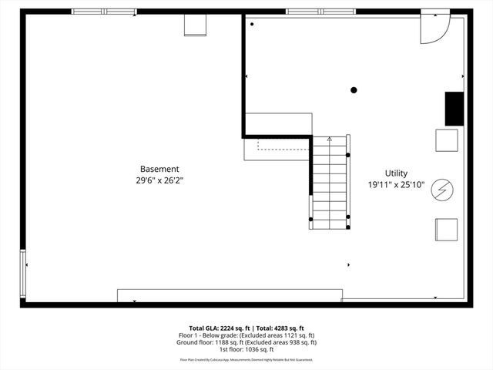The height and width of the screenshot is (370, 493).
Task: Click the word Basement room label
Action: [159, 169]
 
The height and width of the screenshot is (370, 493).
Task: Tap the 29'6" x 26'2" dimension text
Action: [159, 180]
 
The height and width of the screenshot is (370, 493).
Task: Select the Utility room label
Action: [397, 173]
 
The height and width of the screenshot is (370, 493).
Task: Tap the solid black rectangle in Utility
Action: [454, 108]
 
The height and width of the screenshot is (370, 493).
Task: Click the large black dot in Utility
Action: [354, 90]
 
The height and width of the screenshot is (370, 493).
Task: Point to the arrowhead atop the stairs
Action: [330, 139]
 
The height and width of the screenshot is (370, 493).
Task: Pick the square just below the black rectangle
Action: [448, 140]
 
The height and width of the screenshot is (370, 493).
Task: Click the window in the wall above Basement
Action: [104, 12]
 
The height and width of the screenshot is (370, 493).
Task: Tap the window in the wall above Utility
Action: [320, 12]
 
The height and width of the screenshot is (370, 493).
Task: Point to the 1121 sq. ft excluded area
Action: [297, 335]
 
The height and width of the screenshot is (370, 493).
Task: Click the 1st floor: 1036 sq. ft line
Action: [246, 349]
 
